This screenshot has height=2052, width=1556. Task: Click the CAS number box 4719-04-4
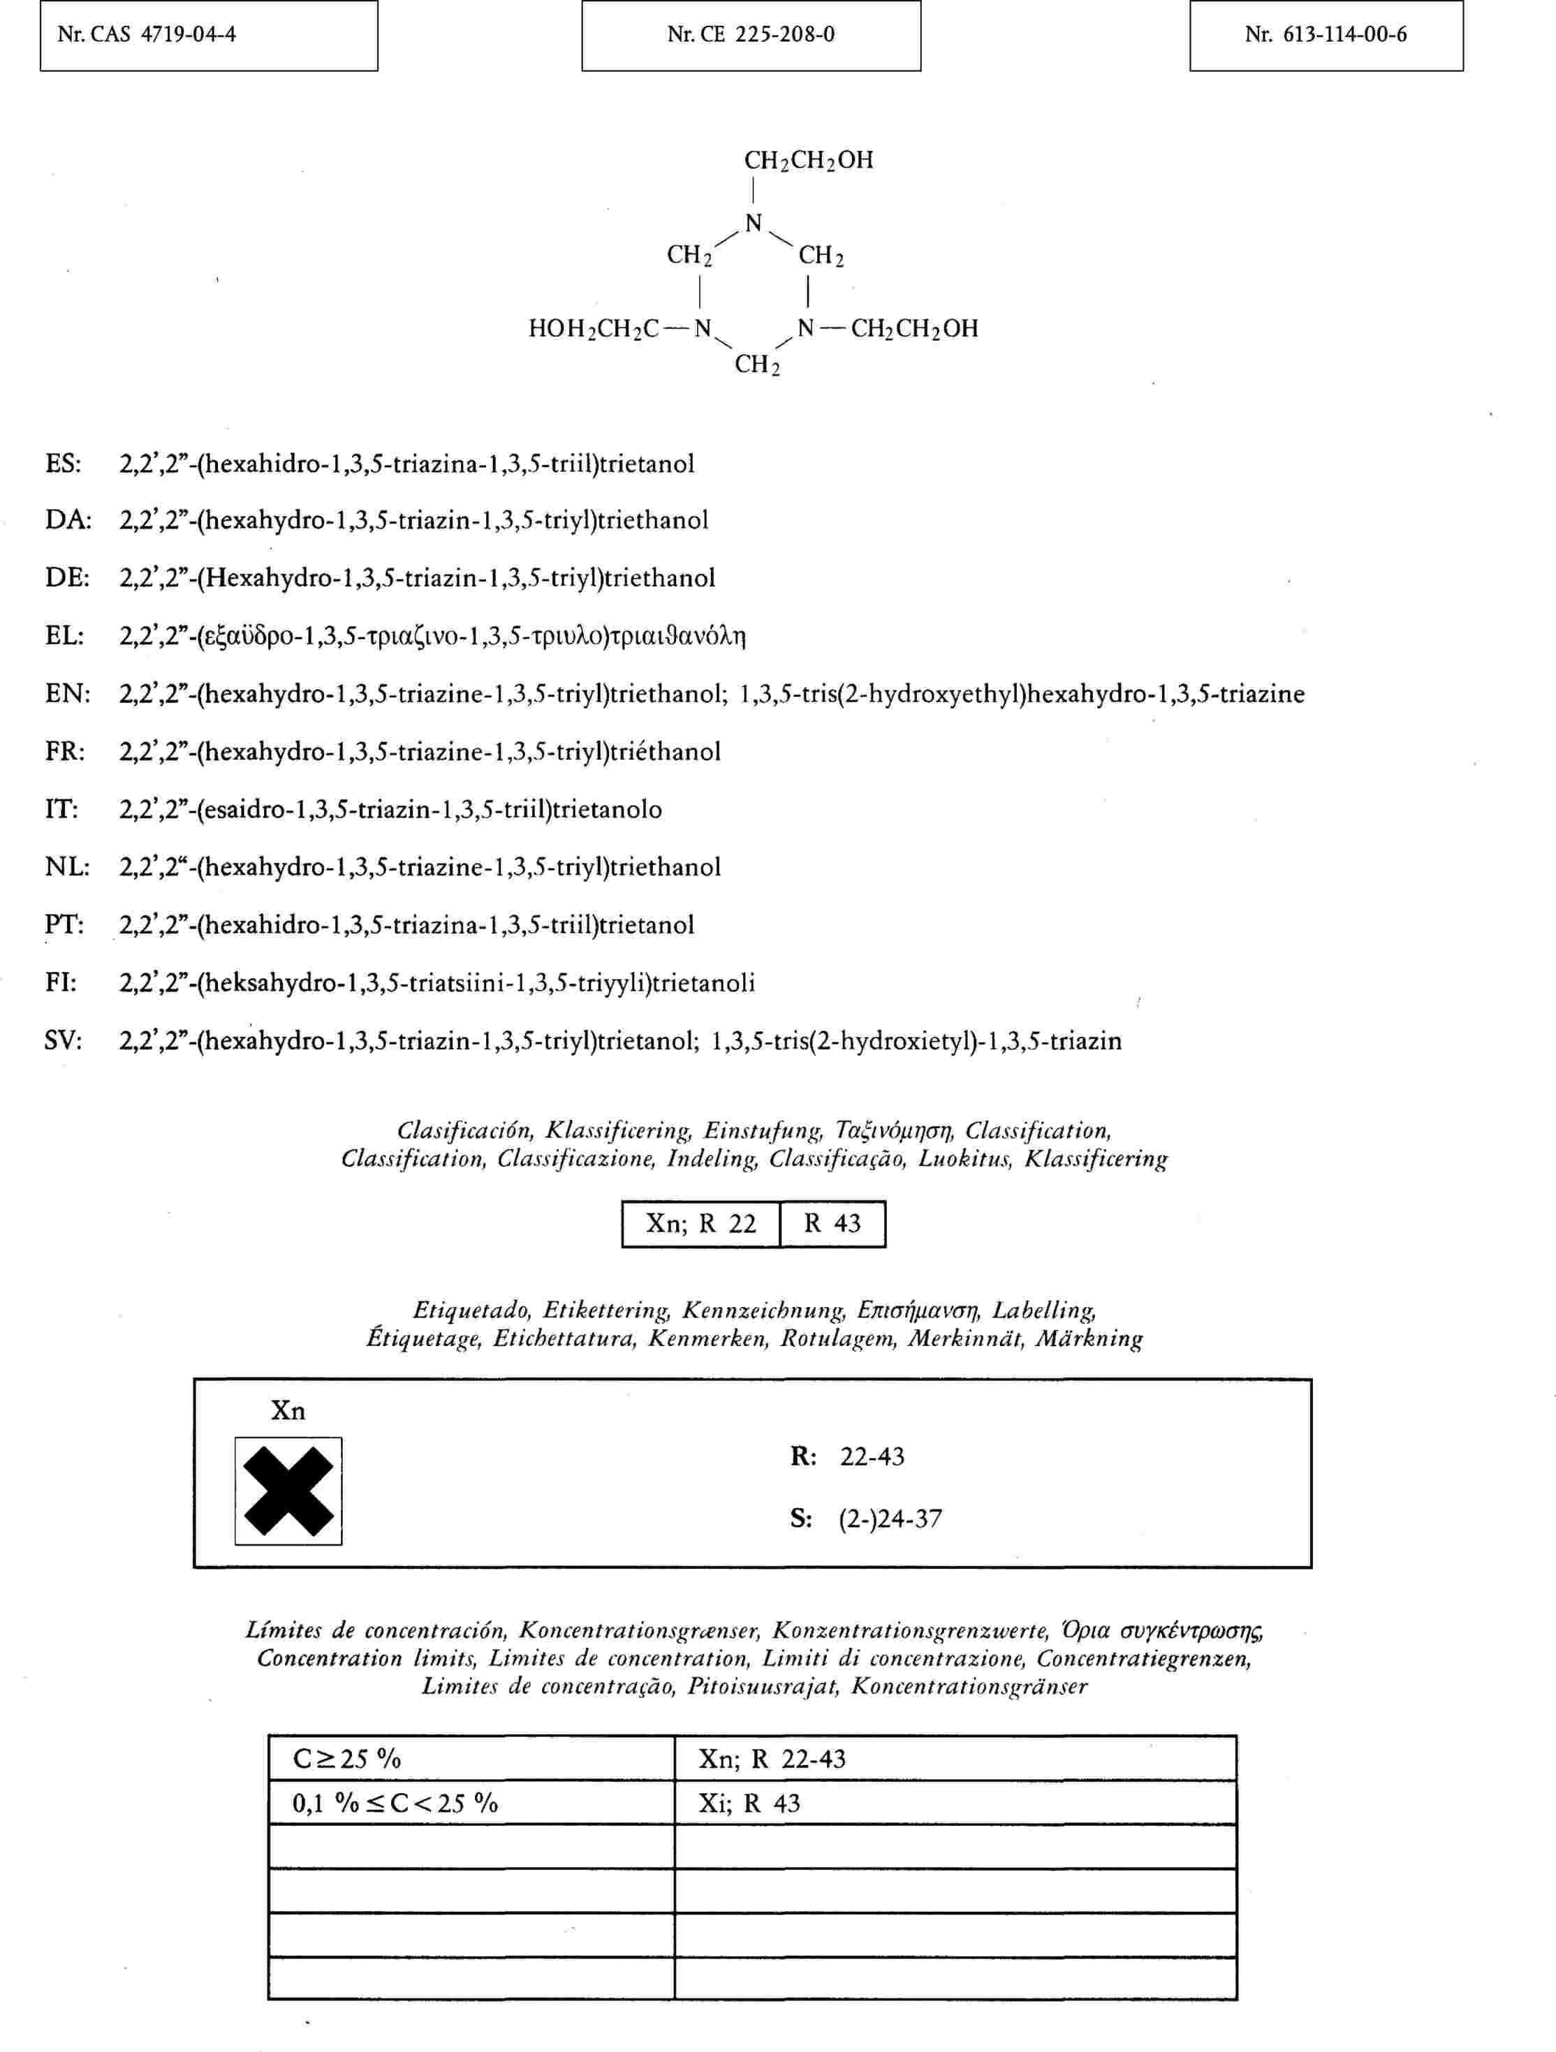click(209, 35)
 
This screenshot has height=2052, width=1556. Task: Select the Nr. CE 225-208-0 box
click(751, 35)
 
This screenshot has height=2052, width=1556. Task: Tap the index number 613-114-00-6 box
click(1326, 35)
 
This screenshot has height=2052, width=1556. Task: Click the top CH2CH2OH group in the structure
click(808, 161)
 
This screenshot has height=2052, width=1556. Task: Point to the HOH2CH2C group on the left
click(594, 328)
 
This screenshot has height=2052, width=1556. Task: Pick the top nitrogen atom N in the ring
click(754, 223)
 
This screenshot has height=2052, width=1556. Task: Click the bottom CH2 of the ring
click(757, 364)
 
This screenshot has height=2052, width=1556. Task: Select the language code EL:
click(65, 636)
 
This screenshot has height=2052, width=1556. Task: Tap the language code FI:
click(61, 982)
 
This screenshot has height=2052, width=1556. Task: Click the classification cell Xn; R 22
click(701, 1224)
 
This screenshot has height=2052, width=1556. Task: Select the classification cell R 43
click(832, 1224)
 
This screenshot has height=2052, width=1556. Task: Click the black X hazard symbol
click(288, 1491)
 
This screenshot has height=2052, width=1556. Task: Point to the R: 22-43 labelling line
click(847, 1456)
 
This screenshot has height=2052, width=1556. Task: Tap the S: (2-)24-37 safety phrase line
click(866, 1519)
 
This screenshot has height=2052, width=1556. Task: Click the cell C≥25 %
click(471, 1758)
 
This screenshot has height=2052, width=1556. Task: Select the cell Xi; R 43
click(955, 1803)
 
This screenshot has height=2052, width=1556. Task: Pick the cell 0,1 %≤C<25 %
click(471, 1803)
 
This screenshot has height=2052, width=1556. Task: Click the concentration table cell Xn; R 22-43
click(955, 1758)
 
